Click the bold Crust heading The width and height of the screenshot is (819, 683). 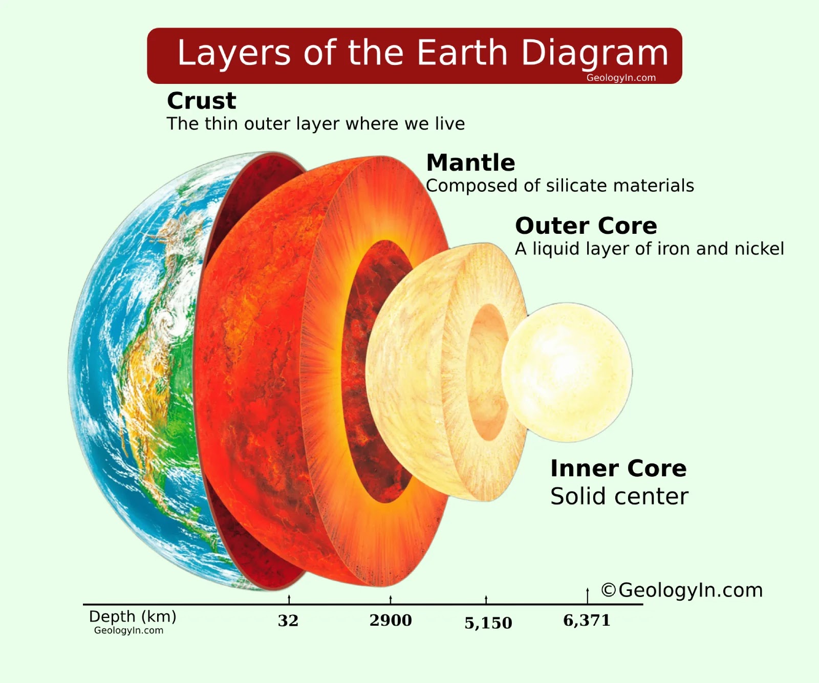pos(202,101)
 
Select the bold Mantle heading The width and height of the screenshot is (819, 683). pos(470,163)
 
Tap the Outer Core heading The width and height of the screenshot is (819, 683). pos(586,226)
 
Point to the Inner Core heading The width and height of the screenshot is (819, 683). pos(618,469)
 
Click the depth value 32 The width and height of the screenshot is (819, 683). pos(288,621)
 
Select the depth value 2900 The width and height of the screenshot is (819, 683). pos(391,620)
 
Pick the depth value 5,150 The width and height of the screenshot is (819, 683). pos(488,623)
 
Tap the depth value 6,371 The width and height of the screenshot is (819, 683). pos(587,620)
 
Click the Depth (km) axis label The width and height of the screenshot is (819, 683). pos(133,616)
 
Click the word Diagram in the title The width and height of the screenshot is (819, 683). pos(595,53)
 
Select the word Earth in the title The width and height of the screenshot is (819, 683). pos(462,53)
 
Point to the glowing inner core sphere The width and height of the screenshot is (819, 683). pos(567,371)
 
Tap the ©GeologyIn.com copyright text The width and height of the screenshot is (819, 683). pos(682,590)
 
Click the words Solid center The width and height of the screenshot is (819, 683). pos(619,496)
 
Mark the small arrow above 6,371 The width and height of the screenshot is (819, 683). pos(588,595)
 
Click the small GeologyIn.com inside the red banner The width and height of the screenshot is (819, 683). pos(621,78)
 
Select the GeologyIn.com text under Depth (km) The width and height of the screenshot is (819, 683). pos(128,630)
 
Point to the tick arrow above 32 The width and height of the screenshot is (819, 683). pos(289,599)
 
